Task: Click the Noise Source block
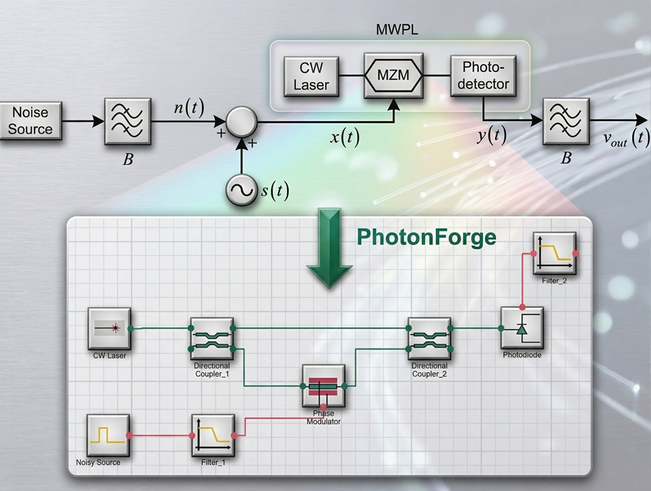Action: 30,121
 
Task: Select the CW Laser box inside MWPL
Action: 315,76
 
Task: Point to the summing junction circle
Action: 242,123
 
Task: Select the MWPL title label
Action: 398,30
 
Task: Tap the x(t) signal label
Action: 345,136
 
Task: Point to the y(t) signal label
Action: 492,136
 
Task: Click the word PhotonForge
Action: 426,237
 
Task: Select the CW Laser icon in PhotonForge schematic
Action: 109,329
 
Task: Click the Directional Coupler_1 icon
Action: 212,339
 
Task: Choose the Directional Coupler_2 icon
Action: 429,339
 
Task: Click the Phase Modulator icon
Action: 323,387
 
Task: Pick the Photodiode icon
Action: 522,328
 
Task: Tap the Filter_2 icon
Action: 554,254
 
